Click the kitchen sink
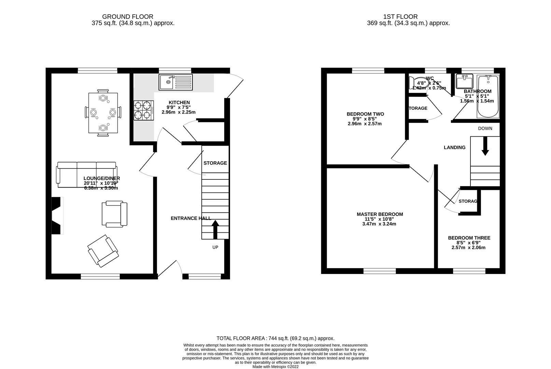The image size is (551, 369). point(175,82)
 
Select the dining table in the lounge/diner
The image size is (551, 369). point(103,113)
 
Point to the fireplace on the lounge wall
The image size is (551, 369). point(56,216)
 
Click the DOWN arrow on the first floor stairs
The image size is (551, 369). point(485,148)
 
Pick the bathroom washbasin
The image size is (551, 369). point(464,81)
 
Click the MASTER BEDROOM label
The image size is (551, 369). point(380,214)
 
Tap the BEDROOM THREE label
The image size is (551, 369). point(469,238)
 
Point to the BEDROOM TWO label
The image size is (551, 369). point(365,114)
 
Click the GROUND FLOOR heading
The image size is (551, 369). point(128,16)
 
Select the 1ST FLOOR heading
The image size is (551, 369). point(400,16)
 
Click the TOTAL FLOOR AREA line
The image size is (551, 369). point(275,338)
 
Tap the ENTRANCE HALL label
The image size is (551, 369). point(190,218)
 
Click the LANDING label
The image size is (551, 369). point(454,147)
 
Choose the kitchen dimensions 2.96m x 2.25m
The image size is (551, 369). point(179,112)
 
